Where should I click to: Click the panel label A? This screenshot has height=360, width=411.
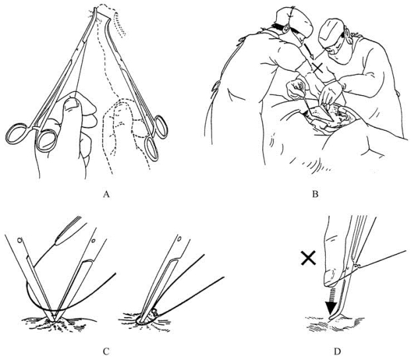point(106,194)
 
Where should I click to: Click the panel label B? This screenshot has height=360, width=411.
point(315,194)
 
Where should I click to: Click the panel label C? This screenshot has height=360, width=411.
point(106,351)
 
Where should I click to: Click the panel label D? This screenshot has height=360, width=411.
point(338,351)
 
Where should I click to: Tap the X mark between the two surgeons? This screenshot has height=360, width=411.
point(318,68)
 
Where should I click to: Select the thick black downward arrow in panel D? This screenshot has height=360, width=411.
point(332,302)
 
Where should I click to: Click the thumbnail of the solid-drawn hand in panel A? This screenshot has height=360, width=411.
point(72,103)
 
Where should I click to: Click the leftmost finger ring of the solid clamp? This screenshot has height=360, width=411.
point(17,134)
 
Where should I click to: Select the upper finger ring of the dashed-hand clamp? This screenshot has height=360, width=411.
point(160,127)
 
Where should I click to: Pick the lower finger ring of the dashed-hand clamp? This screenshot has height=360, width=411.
point(152,149)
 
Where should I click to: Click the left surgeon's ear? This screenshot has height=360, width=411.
point(285,28)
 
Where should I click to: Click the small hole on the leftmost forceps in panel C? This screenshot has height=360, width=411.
point(19,240)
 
